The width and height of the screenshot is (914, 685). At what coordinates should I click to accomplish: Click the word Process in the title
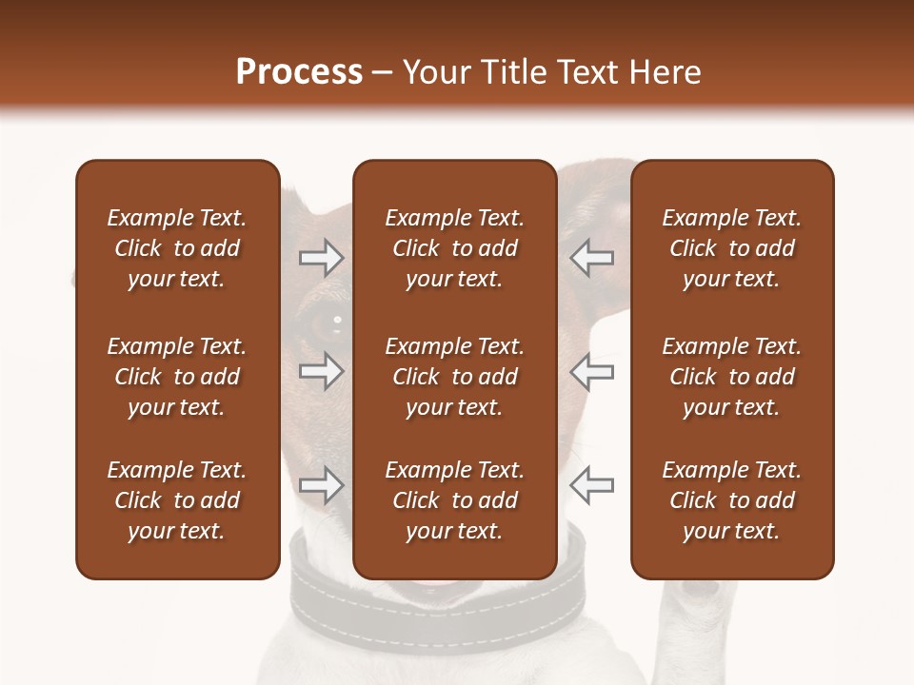tap(299, 72)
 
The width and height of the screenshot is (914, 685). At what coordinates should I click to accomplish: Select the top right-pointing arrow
tap(322, 258)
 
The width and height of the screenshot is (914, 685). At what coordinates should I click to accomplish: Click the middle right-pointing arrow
tap(322, 371)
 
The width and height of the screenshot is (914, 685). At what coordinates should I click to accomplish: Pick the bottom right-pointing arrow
tap(322, 484)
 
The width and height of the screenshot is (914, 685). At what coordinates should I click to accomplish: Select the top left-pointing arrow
tap(591, 258)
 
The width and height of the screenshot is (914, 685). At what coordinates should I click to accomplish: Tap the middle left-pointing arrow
tap(591, 371)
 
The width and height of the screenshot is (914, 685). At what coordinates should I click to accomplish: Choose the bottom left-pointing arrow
tap(591, 484)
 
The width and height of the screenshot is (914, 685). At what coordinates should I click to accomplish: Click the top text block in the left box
tap(177, 248)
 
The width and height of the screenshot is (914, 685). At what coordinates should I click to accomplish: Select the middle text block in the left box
tap(177, 377)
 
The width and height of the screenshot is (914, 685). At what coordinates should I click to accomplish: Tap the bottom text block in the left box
tap(177, 500)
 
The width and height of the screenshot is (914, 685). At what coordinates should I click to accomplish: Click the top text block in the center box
tap(454, 248)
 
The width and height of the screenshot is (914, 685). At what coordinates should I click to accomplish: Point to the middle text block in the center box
tap(454, 377)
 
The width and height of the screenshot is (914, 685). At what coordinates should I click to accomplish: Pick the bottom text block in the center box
tap(454, 500)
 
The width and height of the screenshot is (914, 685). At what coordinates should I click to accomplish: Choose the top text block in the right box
tap(731, 248)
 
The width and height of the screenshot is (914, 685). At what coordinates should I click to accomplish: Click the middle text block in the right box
tap(731, 377)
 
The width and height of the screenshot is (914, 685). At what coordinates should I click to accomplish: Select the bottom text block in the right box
tap(731, 500)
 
